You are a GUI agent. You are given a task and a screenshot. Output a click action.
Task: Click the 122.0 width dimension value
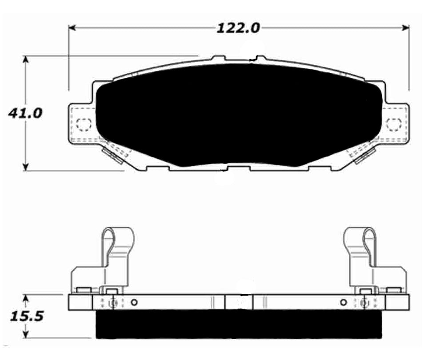click(x=238, y=28)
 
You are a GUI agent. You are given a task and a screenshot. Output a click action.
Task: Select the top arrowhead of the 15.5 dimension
click(x=27, y=297)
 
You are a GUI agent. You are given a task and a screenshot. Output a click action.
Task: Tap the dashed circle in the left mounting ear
click(x=83, y=125)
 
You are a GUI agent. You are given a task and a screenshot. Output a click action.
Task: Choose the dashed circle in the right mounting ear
click(x=393, y=125)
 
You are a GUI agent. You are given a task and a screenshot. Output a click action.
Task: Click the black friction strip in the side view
click(x=238, y=323)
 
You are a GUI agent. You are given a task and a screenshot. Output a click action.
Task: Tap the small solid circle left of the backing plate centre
click(x=135, y=303)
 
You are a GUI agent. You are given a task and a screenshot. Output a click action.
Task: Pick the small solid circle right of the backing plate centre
click(x=343, y=303)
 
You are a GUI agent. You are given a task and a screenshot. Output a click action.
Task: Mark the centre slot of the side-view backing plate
click(x=239, y=302)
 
